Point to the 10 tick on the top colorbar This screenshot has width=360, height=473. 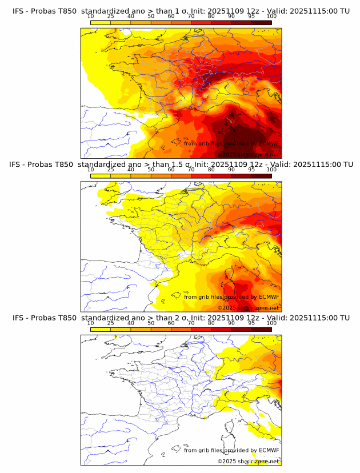91,16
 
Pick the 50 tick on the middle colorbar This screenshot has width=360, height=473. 151,170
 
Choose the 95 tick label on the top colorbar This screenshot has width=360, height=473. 251,16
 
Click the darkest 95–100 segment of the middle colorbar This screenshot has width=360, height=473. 261,176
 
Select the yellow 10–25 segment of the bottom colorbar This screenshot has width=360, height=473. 101,330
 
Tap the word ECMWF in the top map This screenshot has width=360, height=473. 269,143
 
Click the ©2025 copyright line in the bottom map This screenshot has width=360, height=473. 248,461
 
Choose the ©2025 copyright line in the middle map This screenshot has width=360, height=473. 248,308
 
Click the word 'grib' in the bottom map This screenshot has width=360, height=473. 206,450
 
